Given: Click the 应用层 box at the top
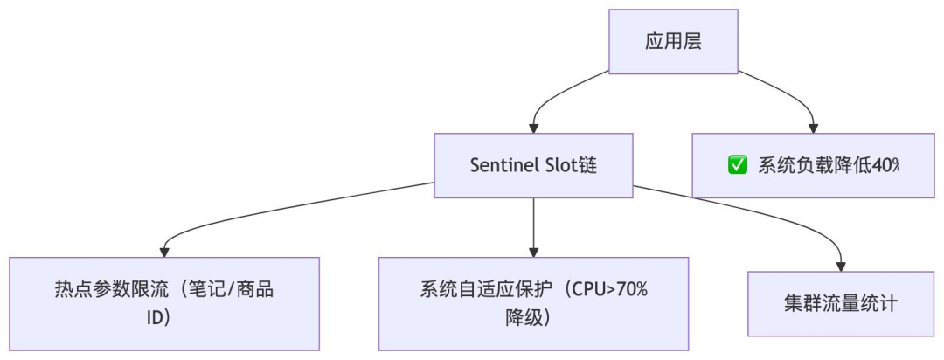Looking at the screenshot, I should tap(673, 41).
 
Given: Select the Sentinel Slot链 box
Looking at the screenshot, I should tap(533, 165).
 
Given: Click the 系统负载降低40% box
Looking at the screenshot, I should tap(813, 165).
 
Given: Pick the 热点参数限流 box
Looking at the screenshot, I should tap(164, 303).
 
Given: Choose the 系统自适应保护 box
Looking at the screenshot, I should tap(533, 303).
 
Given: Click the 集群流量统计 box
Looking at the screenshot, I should tap(842, 303).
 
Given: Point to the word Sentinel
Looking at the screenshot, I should tap(504, 165).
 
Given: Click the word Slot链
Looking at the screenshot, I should tap(570, 165).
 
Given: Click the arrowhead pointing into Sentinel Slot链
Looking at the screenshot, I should tap(533, 128).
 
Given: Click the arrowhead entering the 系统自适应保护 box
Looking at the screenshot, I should tap(533, 252).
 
